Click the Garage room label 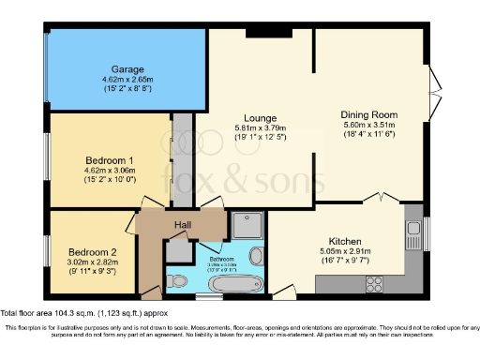[x=127, y=70]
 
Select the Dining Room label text [x=370, y=114]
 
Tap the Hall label [x=183, y=225]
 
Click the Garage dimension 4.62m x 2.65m [x=127, y=82]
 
